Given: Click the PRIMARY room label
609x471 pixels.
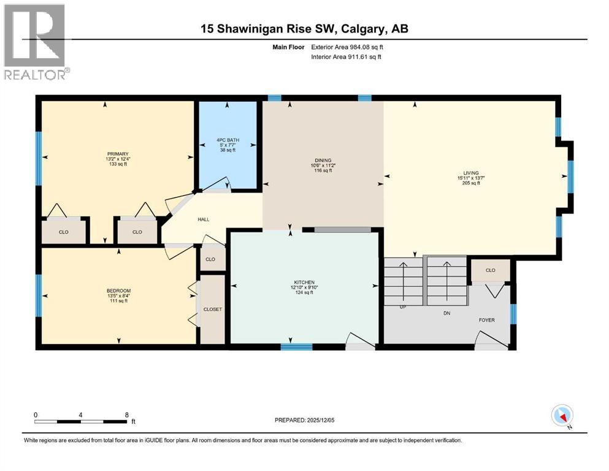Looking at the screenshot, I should point(116,154).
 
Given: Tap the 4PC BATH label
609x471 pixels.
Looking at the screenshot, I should point(227,140).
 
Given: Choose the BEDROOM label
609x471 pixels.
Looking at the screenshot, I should point(118,291).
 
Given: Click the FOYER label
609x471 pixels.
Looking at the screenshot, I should point(486,320).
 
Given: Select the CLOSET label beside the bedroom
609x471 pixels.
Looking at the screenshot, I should point(212,309).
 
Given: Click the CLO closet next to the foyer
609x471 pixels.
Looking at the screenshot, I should point(490,270).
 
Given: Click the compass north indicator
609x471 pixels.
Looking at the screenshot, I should point(562,416).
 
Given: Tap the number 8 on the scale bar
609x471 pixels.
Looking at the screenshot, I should point(126,415).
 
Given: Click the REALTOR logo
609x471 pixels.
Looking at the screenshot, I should point(36,42).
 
